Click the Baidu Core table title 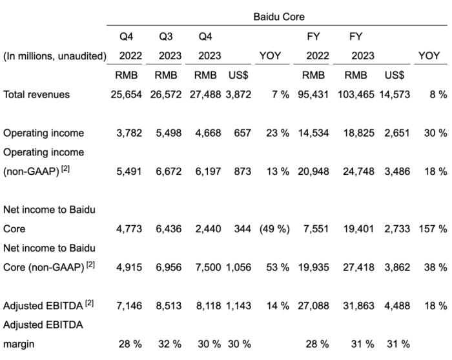(279, 17)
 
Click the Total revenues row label (36, 94)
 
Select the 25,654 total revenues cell (127, 94)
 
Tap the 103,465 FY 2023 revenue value (356, 94)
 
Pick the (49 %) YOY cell (274, 229)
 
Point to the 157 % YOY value (433, 229)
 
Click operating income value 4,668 (208, 133)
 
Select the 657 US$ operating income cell (242, 133)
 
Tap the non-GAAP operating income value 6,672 (169, 172)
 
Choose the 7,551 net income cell (316, 229)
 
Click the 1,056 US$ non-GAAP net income (238, 267)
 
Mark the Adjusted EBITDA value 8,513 (169, 306)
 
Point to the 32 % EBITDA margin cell (170, 344)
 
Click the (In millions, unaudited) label (55, 56)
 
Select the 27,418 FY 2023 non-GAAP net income (358, 267)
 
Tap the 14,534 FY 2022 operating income (313, 133)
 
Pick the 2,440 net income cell (208, 229)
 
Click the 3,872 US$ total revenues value (238, 94)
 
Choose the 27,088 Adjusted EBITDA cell (313, 306)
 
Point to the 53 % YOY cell (278, 267)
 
